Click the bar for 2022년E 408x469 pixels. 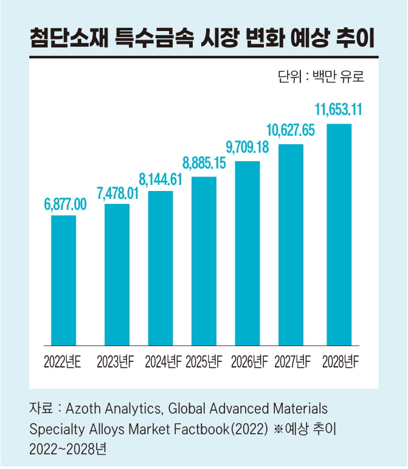(x=63, y=280)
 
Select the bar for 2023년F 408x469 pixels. (x=117, y=274)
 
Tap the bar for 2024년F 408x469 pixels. (x=161, y=268)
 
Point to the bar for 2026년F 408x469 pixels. (x=247, y=253)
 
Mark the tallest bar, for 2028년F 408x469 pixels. (x=339, y=234)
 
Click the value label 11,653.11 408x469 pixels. (x=338, y=111)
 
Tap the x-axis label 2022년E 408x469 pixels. (x=63, y=363)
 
